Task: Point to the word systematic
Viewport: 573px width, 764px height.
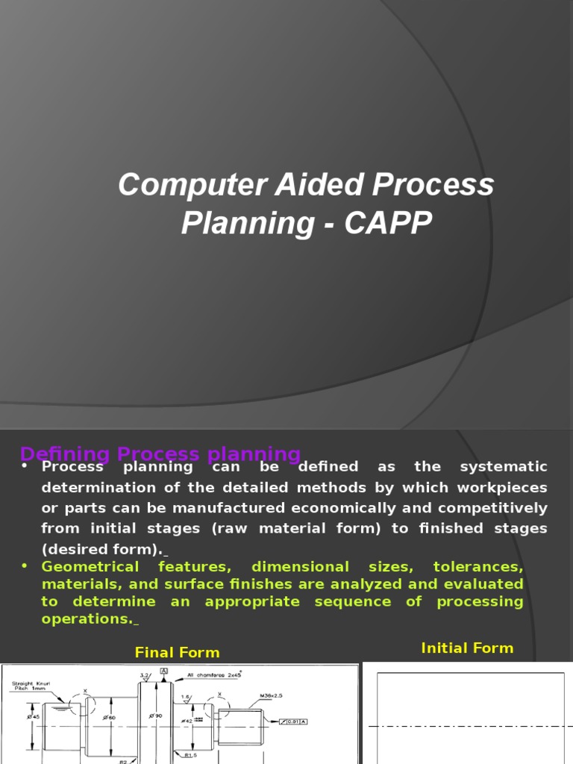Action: coord(504,467)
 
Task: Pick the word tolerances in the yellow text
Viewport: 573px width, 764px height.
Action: coord(477,567)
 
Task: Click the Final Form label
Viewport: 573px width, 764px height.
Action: coord(177,653)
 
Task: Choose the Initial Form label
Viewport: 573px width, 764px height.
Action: coord(467,648)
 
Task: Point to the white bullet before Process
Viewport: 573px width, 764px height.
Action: coord(25,466)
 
